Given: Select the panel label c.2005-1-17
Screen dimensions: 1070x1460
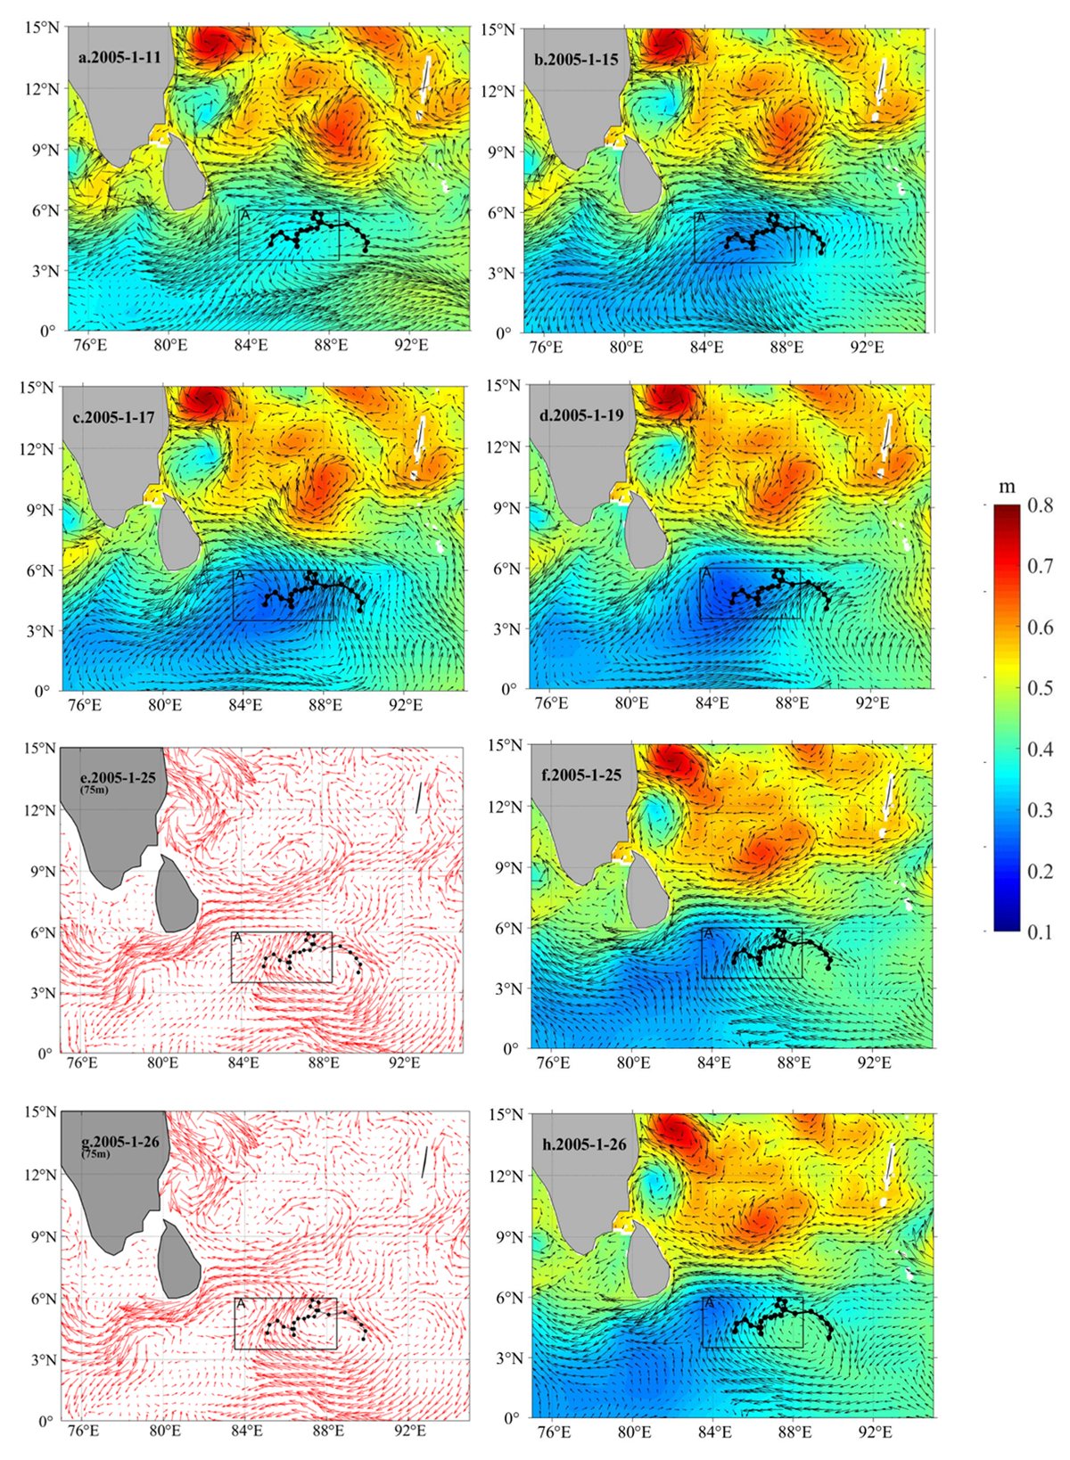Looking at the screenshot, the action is tap(113, 418).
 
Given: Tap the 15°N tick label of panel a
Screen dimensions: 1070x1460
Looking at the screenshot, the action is tap(43, 28).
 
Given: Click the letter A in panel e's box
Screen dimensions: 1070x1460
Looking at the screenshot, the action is tap(237, 938).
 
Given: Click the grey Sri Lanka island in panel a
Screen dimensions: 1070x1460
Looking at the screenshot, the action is tap(185, 173).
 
